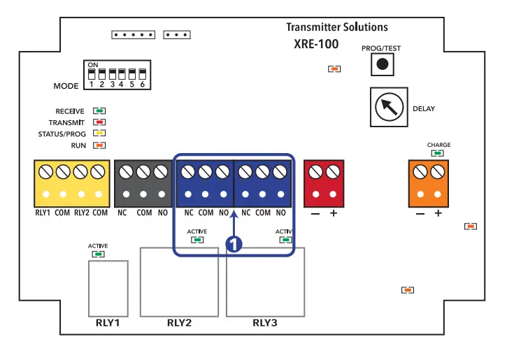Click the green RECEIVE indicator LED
(x=100, y=111)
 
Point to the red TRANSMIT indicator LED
(x=100, y=122)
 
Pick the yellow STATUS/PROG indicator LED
(x=100, y=134)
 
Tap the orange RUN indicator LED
(x=100, y=145)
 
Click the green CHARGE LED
(x=438, y=154)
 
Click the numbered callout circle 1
(x=234, y=244)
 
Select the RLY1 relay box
(x=108, y=289)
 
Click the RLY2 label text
(x=179, y=324)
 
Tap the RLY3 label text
(x=265, y=324)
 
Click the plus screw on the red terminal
(x=333, y=171)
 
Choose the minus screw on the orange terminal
(x=420, y=171)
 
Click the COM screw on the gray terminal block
(x=144, y=171)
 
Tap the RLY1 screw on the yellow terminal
(x=46, y=171)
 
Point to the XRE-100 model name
(x=316, y=44)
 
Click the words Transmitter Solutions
(x=336, y=27)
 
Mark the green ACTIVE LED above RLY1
(x=99, y=254)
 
